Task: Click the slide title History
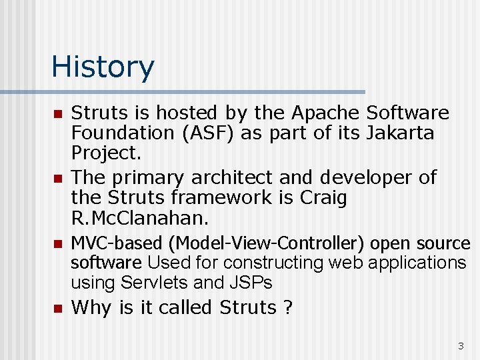(x=103, y=67)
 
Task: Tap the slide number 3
(x=460, y=346)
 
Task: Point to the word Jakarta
(x=400, y=133)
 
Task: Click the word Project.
(x=106, y=153)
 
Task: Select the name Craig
(x=323, y=197)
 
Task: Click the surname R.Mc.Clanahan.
(x=140, y=217)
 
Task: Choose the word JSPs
(x=253, y=283)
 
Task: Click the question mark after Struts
(x=288, y=307)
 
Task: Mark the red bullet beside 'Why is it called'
(x=57, y=309)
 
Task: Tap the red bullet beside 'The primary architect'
(x=57, y=179)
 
